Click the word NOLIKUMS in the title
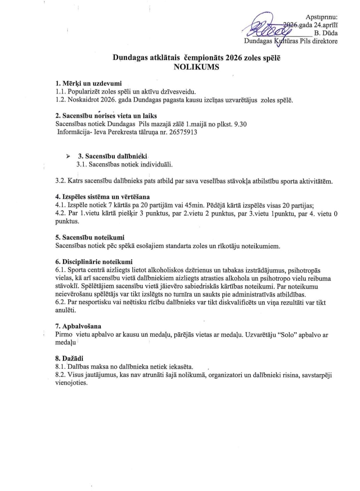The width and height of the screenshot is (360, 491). [x=196, y=67]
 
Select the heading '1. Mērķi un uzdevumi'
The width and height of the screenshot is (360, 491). [x=88, y=84]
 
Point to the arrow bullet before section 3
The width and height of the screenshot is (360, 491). [x=68, y=156]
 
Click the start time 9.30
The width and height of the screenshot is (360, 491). [x=240, y=124]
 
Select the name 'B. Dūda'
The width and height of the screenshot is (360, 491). [x=326, y=33]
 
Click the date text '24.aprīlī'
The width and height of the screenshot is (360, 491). [x=326, y=25]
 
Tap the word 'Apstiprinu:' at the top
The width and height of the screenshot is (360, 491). [x=321, y=17]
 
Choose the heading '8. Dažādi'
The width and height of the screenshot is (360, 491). [x=69, y=358]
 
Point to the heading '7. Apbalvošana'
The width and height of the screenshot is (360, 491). [x=78, y=326]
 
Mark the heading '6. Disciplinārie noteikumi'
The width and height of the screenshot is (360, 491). [x=94, y=262]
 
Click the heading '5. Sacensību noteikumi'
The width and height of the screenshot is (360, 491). [x=90, y=237]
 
